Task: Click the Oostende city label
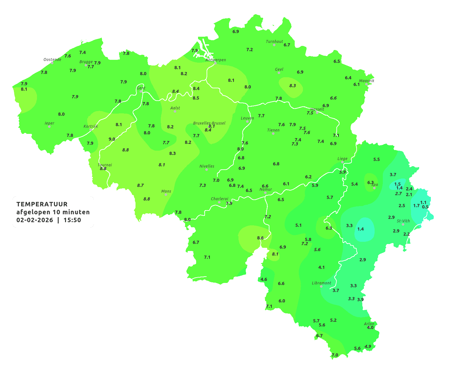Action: click(x=52, y=60)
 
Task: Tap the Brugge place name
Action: click(x=86, y=62)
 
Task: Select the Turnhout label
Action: click(x=274, y=41)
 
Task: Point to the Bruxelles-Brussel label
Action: click(x=209, y=123)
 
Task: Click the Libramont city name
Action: click(x=321, y=283)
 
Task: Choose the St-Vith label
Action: click(x=403, y=221)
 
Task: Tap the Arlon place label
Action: click(x=369, y=323)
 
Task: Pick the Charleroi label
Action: click(x=219, y=199)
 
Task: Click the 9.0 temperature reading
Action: click(x=112, y=139)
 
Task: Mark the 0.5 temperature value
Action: click(x=425, y=207)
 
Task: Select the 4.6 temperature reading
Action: click(x=264, y=279)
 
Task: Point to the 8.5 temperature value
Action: click(x=196, y=98)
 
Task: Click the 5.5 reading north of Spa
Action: click(x=377, y=159)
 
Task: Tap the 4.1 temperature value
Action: click(x=321, y=267)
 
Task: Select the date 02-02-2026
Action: click(x=35, y=220)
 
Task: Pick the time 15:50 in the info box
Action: click(x=72, y=220)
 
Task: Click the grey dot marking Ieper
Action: click(x=49, y=127)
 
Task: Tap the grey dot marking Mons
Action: click(x=166, y=195)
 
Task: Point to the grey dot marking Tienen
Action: click(x=273, y=134)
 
